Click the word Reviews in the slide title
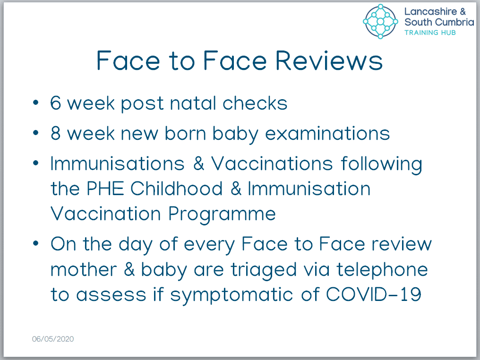click(x=329, y=60)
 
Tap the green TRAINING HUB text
click(x=430, y=33)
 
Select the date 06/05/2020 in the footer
click(x=53, y=339)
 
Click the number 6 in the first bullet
click(x=56, y=103)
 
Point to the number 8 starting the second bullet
click(x=56, y=134)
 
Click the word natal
click(x=193, y=103)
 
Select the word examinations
click(x=327, y=134)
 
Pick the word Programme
click(x=222, y=214)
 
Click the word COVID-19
click(x=374, y=294)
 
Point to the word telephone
click(x=382, y=270)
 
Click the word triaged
click(x=264, y=270)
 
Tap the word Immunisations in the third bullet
click(x=118, y=163)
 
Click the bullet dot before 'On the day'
click(x=36, y=244)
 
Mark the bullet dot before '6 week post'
click(x=36, y=102)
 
